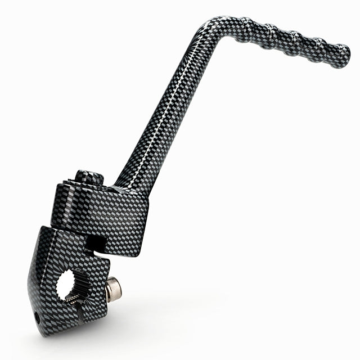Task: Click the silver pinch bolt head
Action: click(x=113, y=289)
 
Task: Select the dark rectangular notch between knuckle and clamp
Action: click(x=96, y=242)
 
